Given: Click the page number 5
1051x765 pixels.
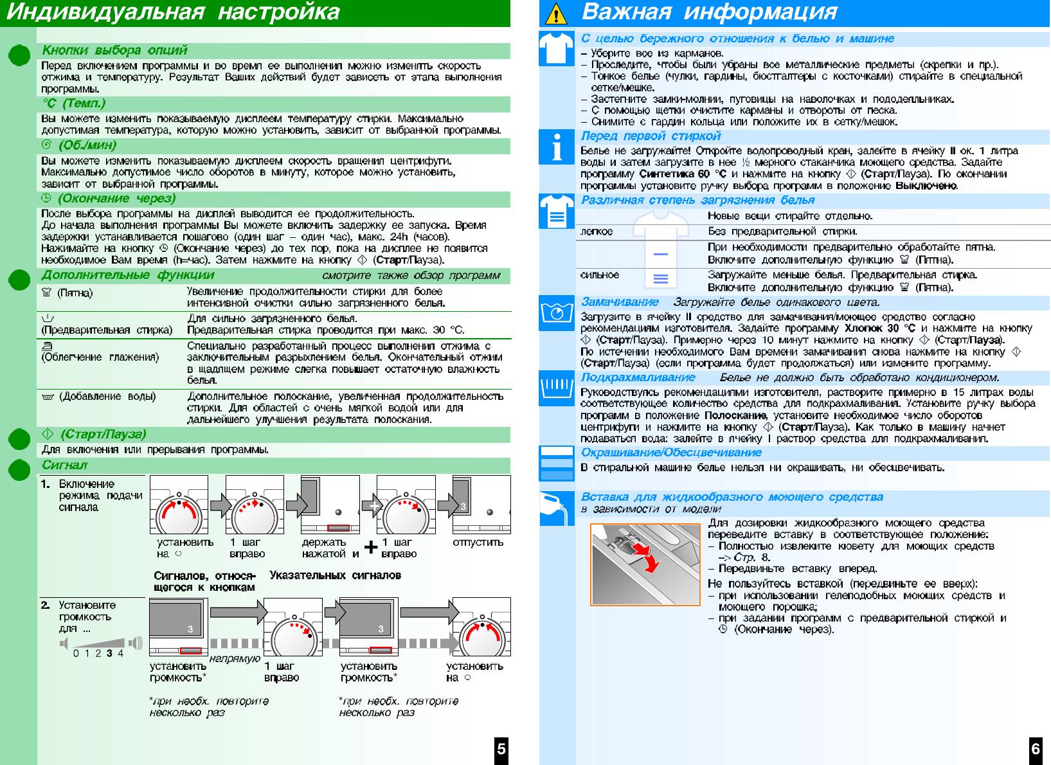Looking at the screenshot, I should pos(501,748).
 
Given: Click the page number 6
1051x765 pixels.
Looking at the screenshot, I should pos(1035,748).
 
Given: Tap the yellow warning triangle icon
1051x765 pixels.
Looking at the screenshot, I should pos(556,14).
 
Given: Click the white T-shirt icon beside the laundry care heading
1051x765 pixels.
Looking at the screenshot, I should pos(556,48).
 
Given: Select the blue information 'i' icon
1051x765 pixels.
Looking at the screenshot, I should pos(556,147).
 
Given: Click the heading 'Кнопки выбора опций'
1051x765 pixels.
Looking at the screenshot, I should pos(114,50).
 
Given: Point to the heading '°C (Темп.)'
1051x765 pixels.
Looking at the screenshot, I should pos(73,104).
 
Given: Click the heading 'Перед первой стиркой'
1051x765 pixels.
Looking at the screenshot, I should pos(651,136).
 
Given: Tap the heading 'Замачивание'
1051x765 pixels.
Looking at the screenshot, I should pos(620,302).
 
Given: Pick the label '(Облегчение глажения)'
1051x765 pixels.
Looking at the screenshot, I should pos(100,357).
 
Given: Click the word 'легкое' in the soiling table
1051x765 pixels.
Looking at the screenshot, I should pos(597,231).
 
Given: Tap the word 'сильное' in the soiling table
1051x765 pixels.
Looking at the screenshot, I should pos(600,275).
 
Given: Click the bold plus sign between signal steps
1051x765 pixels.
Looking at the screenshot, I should pos(371,548).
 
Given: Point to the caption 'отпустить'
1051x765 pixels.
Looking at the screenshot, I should pos(478,542).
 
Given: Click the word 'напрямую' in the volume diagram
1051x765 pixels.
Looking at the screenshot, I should pos(235,658).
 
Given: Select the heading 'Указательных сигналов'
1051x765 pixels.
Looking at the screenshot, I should pos(335,575).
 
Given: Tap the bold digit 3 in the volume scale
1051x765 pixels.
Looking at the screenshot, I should pos(109,653).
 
